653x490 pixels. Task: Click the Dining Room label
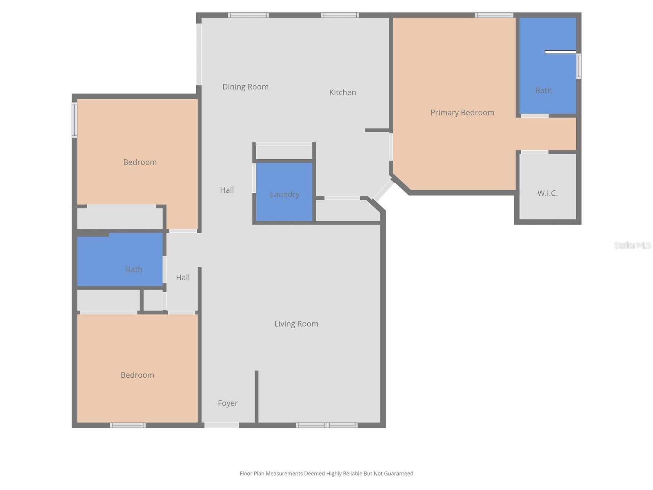(x=245, y=87)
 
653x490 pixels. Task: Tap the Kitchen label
(x=342, y=92)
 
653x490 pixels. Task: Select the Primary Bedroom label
(x=462, y=112)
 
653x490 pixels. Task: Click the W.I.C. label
(x=547, y=193)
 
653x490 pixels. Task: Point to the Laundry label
(x=284, y=194)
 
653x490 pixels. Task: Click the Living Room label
(x=296, y=324)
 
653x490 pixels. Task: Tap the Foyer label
(x=228, y=403)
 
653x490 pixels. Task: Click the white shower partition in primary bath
(x=560, y=52)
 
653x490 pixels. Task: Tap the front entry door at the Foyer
(x=221, y=425)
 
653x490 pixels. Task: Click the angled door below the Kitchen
(x=383, y=190)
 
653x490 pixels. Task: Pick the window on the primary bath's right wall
(x=578, y=66)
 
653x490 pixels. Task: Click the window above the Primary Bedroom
(x=494, y=16)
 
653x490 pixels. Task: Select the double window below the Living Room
(x=327, y=425)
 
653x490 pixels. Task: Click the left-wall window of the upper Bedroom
(x=74, y=120)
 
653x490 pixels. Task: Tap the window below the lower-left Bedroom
(x=127, y=425)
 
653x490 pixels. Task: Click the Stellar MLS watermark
(x=632, y=245)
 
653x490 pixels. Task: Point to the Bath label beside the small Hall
(x=134, y=269)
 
